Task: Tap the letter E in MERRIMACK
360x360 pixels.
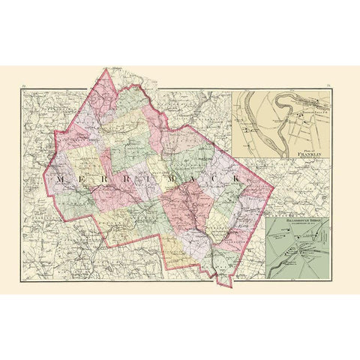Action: pos(79,180)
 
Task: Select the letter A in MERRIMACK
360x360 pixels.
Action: pos(190,180)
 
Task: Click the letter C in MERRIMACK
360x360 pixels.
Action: pos(212,180)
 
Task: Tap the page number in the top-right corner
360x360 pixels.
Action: pos(329,87)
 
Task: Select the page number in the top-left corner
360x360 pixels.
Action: pos(26,87)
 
